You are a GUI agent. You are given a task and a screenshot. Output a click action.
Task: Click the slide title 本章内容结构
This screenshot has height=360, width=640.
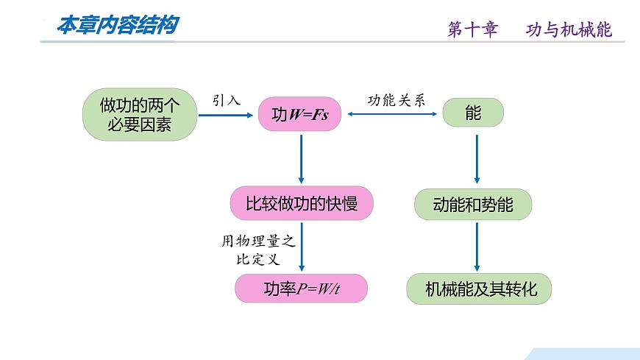117,26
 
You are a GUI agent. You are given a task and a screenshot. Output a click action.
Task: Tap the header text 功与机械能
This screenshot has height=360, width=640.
569,29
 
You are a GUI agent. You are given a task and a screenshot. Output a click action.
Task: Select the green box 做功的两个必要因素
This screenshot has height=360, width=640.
139,115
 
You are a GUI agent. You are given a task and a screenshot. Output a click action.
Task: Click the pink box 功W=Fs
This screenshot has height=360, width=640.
299,115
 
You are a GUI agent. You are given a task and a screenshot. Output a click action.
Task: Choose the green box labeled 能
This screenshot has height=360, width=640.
472,113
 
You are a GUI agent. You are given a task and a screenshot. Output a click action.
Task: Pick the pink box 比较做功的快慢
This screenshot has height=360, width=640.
301,203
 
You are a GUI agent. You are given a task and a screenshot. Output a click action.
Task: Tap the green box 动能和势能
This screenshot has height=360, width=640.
473,204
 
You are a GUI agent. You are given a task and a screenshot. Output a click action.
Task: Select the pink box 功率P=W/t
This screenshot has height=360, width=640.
301,288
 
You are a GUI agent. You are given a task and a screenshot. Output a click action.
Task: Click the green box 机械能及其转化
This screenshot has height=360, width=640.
478,289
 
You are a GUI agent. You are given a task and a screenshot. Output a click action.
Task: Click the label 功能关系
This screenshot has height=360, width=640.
397,100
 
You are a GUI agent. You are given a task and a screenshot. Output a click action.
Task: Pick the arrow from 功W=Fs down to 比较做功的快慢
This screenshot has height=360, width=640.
301,158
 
